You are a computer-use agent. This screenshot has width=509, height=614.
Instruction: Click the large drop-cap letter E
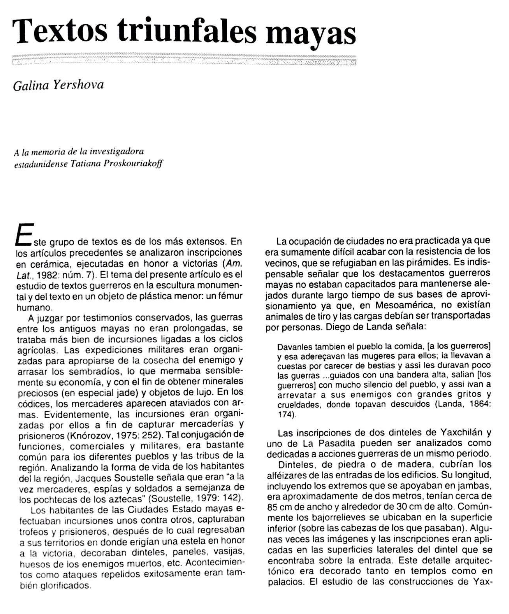click(x=23, y=235)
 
